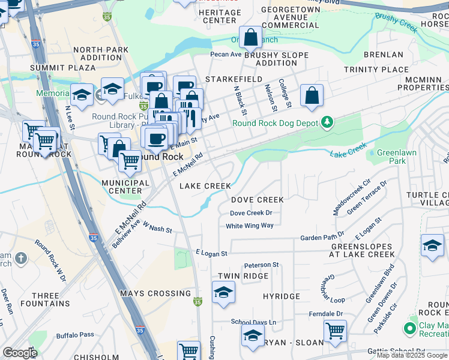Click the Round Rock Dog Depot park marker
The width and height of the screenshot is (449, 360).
pos(327,123)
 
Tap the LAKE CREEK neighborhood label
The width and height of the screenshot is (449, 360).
pos(205,186)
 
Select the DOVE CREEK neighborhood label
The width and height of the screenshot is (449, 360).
pos(258,199)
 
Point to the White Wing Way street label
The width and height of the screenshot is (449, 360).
pos(249,226)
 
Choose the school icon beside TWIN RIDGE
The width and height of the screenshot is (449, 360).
pos(223,292)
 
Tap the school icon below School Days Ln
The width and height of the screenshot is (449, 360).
pos(253,335)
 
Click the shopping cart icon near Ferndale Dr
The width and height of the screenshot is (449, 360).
pos(335,331)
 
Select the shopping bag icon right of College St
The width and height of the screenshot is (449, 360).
pos(312,95)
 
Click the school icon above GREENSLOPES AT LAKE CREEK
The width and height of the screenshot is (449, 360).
pos(432,245)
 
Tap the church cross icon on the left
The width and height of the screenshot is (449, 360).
pos(21,258)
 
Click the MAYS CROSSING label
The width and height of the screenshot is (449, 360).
pos(155,293)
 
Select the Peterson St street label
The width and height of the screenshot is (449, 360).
pos(261,265)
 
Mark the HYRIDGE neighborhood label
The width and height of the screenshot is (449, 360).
pos(281,296)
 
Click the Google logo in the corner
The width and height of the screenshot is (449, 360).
pos(20,353)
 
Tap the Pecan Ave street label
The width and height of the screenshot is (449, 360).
pos(225,54)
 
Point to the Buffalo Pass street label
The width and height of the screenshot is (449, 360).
pos(75,335)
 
